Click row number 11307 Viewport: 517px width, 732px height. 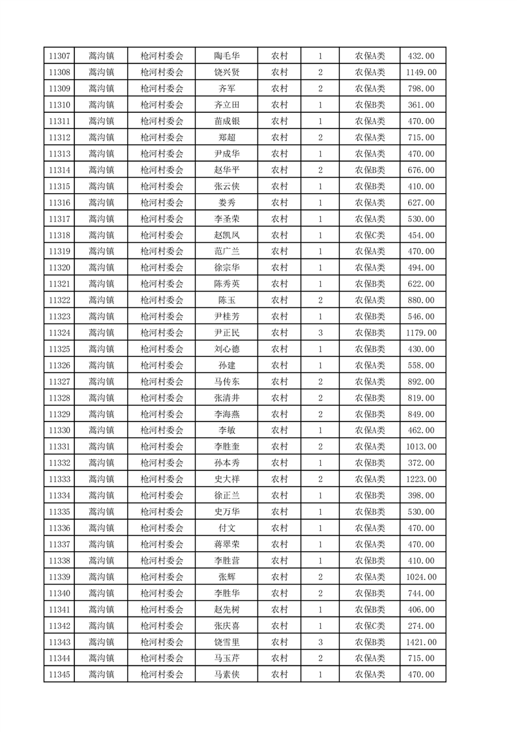tap(59, 56)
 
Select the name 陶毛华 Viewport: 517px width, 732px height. tap(227, 56)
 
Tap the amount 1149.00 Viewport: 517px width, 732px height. tap(421, 72)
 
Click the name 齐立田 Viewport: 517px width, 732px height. tap(227, 105)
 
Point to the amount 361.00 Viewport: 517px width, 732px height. tap(421, 105)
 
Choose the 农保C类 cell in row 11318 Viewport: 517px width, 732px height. tap(370, 235)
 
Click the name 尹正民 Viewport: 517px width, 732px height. tap(227, 333)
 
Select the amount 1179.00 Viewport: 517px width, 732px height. tap(421, 333)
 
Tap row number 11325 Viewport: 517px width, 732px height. tap(59, 349)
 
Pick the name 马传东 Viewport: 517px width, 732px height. tap(227, 382)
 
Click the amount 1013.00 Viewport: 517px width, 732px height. tap(421, 447)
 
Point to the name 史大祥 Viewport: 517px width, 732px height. tap(227, 480)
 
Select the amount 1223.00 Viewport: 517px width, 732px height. tap(421, 480)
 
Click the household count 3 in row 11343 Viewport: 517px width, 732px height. tap(320, 642)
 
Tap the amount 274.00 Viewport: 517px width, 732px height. tap(421, 626)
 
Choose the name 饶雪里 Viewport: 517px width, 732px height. tap(227, 642)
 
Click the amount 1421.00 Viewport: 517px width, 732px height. tap(421, 642)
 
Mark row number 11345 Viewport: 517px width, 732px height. tap(59, 675)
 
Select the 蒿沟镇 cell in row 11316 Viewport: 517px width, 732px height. tap(101, 203)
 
